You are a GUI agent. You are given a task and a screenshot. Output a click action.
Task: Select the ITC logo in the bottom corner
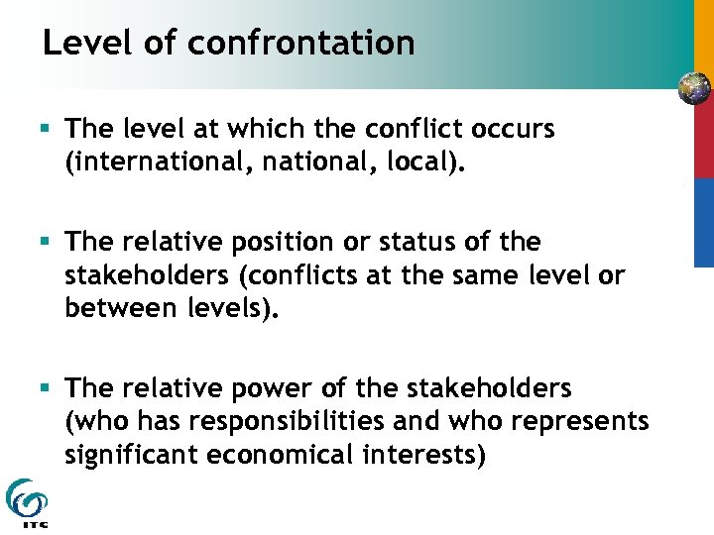tap(25, 502)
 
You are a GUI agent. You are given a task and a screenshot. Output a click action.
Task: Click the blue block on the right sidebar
tap(702, 222)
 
